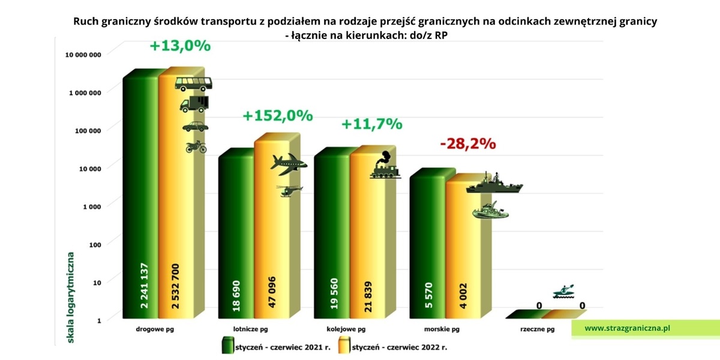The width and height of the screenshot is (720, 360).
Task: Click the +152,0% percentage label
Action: pos(278,116)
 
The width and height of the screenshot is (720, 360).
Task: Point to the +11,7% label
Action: pos(371,124)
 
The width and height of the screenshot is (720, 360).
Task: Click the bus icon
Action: pos(194,83)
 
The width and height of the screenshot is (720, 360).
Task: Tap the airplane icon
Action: pos(289,164)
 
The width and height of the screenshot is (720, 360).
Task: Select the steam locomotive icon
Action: pos(385,166)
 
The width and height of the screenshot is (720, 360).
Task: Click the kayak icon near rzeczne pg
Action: pos(563,292)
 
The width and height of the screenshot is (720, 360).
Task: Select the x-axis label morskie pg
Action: pos(442,329)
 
